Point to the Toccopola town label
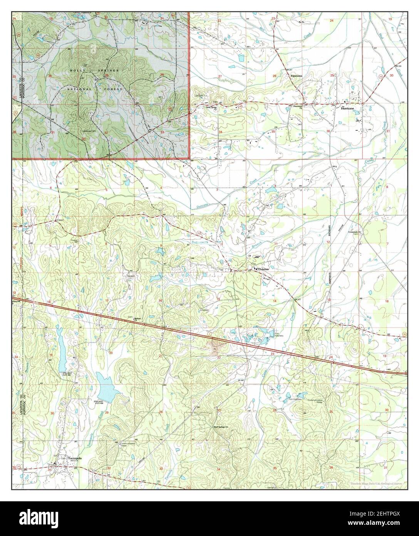click(x=75, y=459)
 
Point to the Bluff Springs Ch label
click(x=221, y=427)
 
